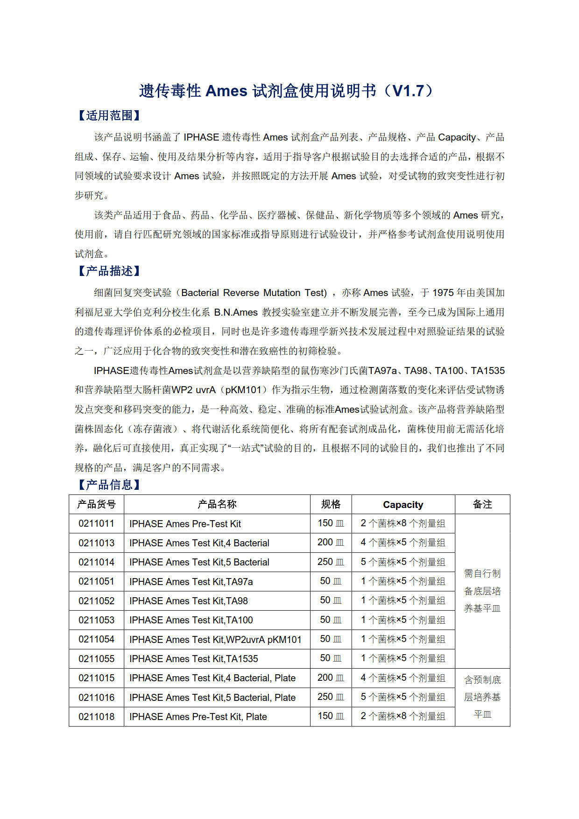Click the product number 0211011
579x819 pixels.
coord(96,523)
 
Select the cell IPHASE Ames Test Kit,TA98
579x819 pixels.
coord(189,601)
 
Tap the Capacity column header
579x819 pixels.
coord(403,505)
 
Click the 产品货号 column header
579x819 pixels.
coord(96,504)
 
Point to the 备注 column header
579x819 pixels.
coord(482,504)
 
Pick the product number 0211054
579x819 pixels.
coord(96,639)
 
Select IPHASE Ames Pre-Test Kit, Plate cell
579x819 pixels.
coord(198,717)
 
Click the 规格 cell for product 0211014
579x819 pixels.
coord(331,562)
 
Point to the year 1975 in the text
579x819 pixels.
coord(443,293)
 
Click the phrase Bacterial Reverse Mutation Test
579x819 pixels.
coord(254,293)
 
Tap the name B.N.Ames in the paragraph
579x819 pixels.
coord(236,312)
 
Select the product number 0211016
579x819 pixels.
coord(96,698)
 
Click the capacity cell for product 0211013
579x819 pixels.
coord(403,543)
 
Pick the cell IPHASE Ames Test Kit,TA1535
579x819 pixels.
coord(194,659)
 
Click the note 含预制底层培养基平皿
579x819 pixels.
coord(482,697)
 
